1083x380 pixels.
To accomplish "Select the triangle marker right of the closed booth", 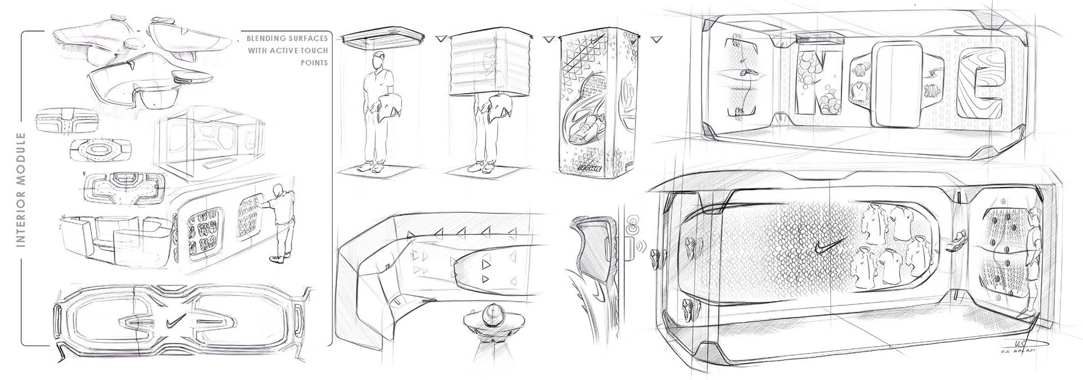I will [x=656, y=39].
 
